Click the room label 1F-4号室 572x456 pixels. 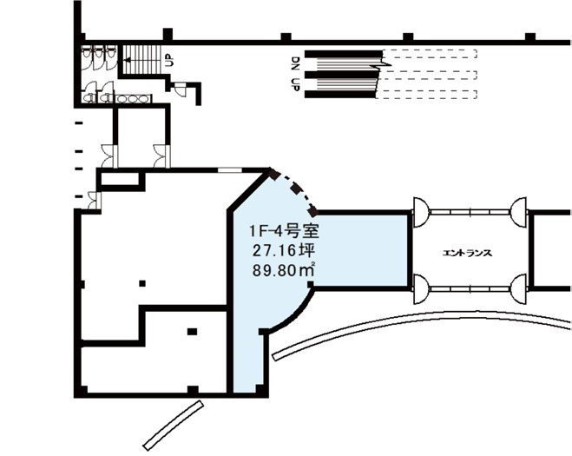[x=284, y=231]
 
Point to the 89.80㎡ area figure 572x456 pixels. [x=284, y=270]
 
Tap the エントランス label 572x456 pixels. [x=467, y=253]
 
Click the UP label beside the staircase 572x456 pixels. [x=169, y=61]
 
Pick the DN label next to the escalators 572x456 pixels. [x=296, y=63]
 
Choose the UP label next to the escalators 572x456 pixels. [x=296, y=85]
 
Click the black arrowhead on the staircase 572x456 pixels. [x=127, y=59]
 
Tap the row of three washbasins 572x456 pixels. [x=133, y=98]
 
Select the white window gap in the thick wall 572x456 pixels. [x=230, y=170]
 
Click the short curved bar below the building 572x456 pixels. [x=173, y=425]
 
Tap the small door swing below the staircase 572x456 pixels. [x=181, y=89]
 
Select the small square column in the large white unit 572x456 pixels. [x=142, y=283]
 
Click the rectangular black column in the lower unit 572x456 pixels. [x=192, y=332]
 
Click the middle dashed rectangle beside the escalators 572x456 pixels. [x=428, y=76]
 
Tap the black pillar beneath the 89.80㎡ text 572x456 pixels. [x=311, y=284]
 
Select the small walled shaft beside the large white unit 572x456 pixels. [x=121, y=180]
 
